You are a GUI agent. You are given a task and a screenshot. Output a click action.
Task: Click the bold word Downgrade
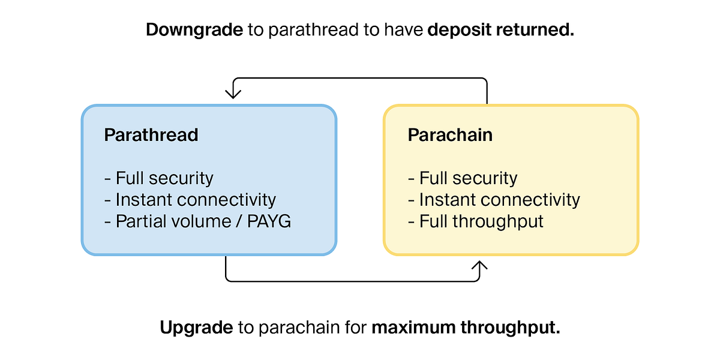(x=194, y=30)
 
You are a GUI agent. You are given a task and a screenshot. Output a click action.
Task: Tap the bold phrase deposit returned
(x=501, y=30)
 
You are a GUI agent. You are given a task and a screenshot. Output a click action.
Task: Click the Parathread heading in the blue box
(x=151, y=134)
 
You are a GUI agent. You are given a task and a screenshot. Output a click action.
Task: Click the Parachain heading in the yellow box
(x=450, y=134)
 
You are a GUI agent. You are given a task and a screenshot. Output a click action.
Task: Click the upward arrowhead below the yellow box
(x=479, y=265)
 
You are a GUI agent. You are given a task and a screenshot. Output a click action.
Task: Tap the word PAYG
(x=269, y=221)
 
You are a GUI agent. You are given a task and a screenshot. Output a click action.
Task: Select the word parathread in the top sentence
(x=313, y=30)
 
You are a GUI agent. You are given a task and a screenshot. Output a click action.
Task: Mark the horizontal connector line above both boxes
(x=360, y=78)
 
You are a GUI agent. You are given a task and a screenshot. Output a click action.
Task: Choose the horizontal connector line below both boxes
(x=353, y=281)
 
